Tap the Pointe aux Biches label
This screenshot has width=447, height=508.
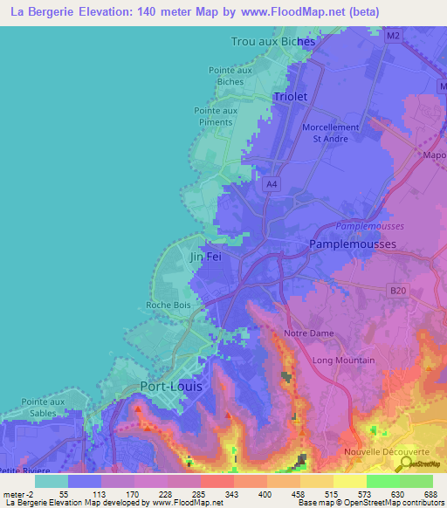(230, 76)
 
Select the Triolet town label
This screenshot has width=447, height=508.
(291, 97)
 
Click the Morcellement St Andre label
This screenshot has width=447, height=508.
(330, 133)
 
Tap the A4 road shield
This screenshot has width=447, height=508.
(272, 184)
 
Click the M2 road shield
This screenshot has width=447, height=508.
(393, 36)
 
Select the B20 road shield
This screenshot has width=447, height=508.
(399, 291)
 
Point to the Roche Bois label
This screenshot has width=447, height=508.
(169, 305)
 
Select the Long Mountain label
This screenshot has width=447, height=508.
(344, 360)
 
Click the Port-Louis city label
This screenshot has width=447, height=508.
(172, 386)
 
